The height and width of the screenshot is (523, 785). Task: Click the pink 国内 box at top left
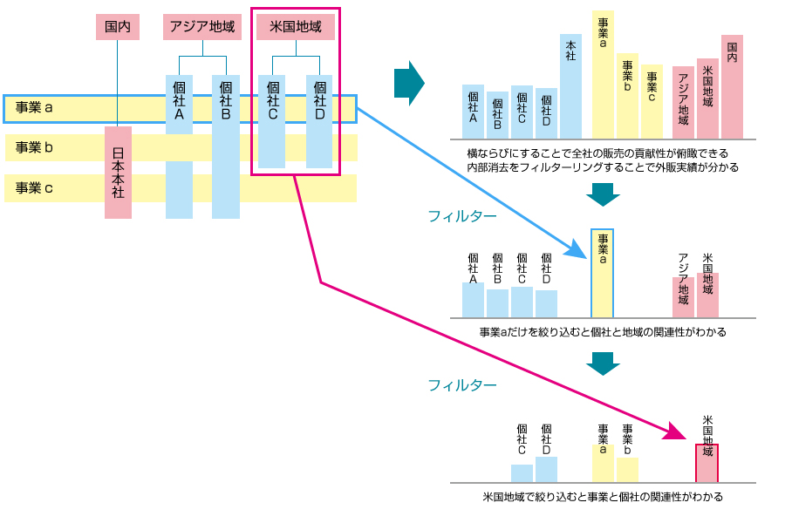point(117,27)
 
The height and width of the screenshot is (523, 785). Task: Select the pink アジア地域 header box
point(202,27)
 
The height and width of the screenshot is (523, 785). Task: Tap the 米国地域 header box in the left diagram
point(295,27)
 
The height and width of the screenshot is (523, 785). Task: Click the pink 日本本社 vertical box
point(118,173)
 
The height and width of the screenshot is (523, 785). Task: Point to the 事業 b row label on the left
point(35,147)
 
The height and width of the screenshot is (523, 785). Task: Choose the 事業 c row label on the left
point(35,187)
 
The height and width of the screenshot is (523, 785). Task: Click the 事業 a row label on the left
point(35,108)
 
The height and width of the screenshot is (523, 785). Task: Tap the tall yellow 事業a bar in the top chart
point(604,75)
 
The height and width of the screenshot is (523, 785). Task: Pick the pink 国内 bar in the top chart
point(732,87)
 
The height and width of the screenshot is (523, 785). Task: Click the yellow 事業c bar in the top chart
point(652,102)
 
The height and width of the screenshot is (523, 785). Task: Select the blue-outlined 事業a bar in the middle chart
point(603,273)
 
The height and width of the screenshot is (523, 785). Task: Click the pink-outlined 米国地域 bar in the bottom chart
point(706,463)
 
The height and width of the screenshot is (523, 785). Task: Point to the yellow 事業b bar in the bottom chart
point(627,469)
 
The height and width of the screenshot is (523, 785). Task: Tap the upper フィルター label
point(462,215)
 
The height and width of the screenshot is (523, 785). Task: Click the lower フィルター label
point(462,384)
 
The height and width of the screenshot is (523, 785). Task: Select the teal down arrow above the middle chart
point(603,194)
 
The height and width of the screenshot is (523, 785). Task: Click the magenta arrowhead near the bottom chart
point(679,431)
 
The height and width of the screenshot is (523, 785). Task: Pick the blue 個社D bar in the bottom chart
point(546,469)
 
